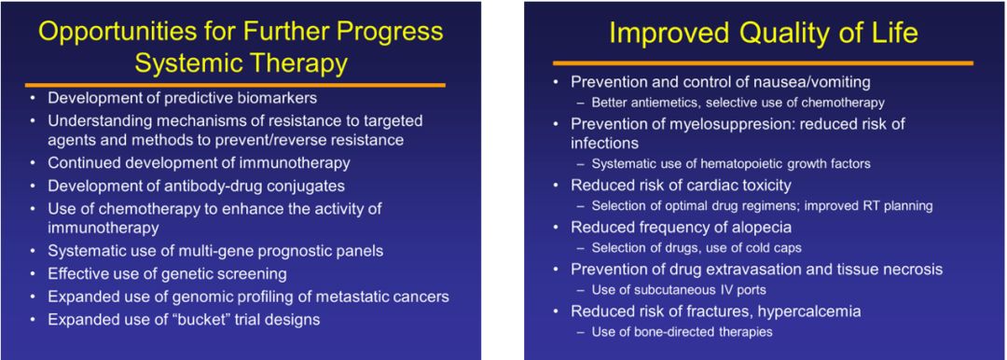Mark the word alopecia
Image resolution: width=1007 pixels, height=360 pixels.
(x=764, y=227)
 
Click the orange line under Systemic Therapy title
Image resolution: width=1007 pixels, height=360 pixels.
(x=235, y=85)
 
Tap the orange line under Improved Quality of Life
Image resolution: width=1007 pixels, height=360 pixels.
(x=763, y=63)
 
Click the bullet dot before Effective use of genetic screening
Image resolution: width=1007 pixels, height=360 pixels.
(x=34, y=274)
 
